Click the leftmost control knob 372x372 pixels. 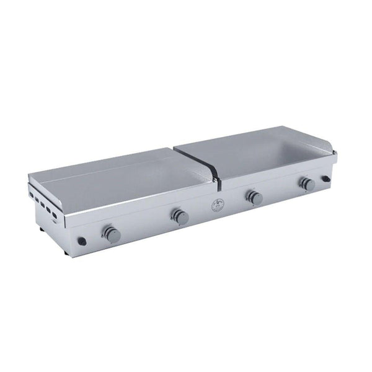pos(112,234)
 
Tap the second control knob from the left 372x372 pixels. pos(180,216)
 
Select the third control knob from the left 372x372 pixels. pos(254,198)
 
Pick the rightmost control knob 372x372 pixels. pos(306,184)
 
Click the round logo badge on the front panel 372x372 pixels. pos(216,208)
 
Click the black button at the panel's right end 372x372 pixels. pos(325,180)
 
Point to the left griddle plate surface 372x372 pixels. pos(118,180)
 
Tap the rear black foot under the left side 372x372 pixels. pos(40,229)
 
